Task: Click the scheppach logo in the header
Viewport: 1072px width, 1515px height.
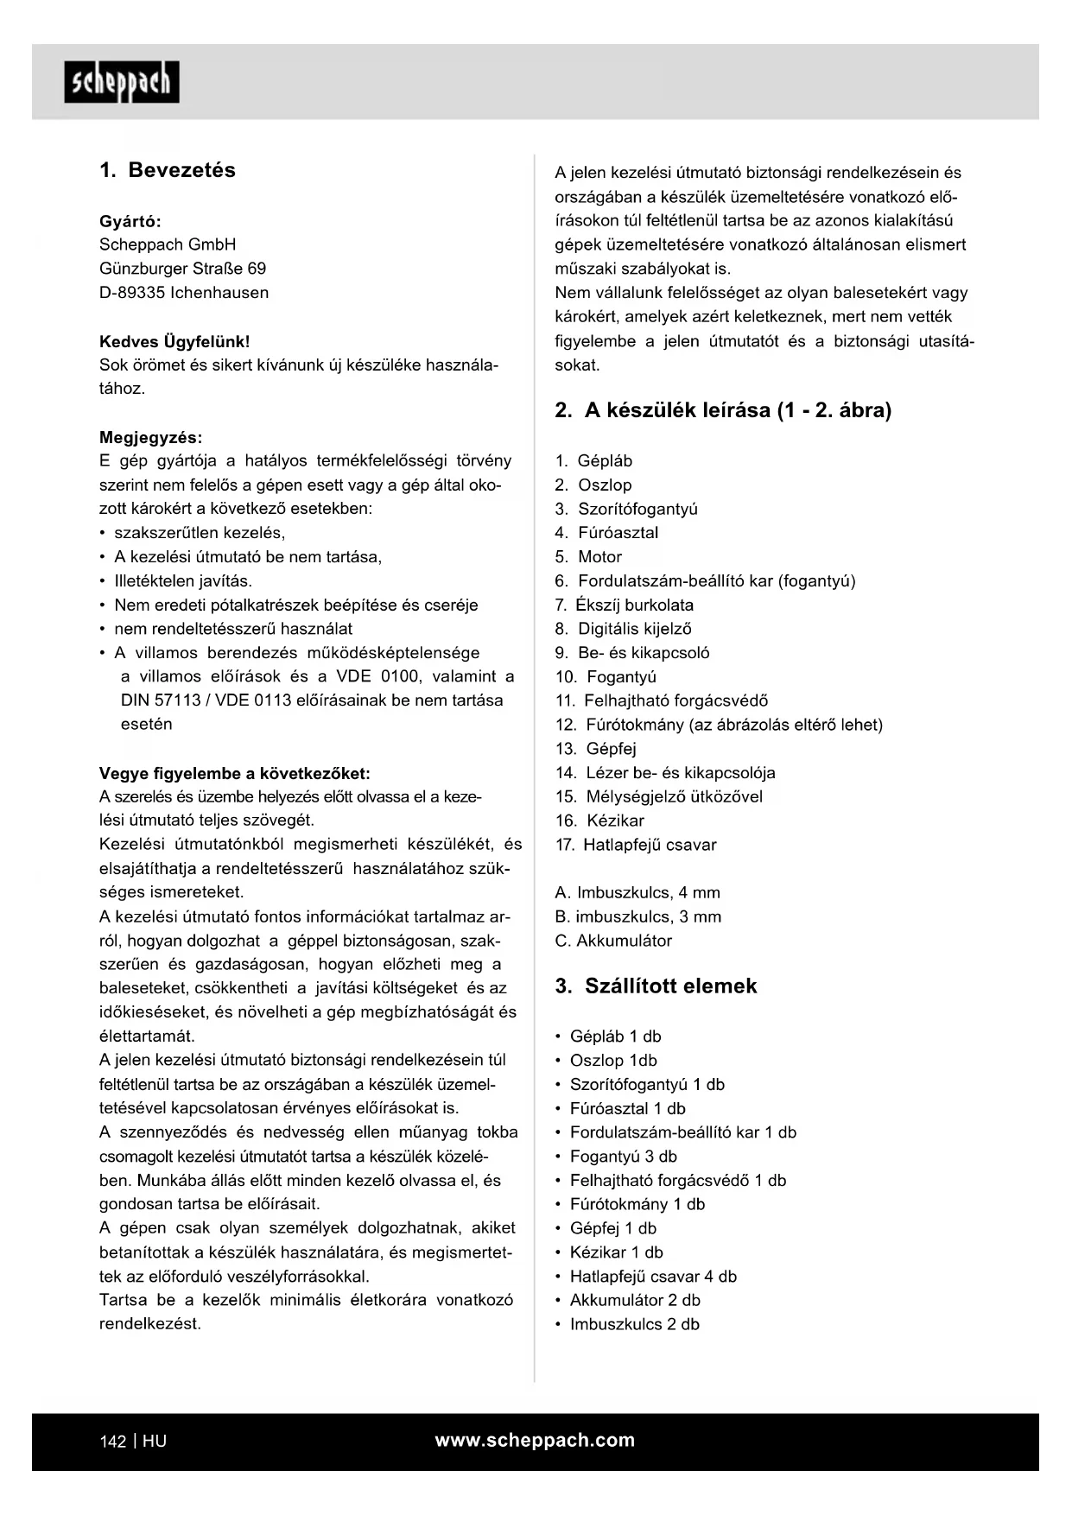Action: [122, 82]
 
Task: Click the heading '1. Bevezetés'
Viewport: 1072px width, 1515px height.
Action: [168, 170]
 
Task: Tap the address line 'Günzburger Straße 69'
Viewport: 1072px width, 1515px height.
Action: [182, 269]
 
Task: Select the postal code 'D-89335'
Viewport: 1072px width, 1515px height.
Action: [132, 293]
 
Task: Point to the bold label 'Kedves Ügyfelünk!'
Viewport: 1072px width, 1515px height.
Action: [174, 342]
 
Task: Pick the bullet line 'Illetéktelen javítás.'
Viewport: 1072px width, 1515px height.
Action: [183, 581]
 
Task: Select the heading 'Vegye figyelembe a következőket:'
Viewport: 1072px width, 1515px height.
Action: [235, 774]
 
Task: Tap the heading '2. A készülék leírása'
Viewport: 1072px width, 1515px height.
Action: [723, 410]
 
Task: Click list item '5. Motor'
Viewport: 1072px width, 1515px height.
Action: [588, 557]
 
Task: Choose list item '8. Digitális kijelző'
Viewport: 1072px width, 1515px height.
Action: [623, 629]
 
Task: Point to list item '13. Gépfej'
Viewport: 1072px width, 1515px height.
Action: [596, 749]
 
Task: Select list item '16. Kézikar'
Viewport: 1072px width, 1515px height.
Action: [599, 821]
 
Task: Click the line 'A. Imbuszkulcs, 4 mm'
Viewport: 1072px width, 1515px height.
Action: [637, 892]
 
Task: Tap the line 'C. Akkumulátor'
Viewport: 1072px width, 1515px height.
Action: [613, 941]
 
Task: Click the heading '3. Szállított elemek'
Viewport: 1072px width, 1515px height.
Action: [656, 986]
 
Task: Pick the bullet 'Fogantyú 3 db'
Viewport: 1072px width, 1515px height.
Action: [623, 1157]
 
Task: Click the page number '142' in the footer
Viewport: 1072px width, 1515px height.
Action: [113, 1442]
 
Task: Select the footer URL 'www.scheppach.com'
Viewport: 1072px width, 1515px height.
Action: [535, 1441]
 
